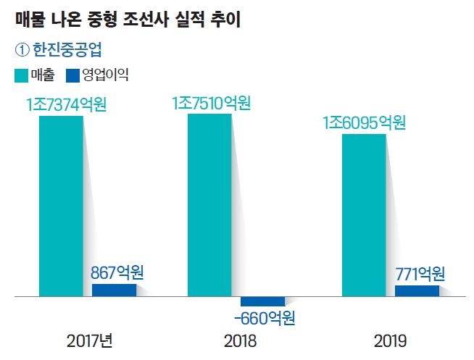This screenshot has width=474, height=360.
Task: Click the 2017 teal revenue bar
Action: (61, 206)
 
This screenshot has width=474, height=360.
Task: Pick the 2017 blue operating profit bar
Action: (114, 290)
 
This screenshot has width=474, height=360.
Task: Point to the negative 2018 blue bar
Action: (262, 301)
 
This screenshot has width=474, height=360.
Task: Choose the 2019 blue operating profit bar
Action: (417, 291)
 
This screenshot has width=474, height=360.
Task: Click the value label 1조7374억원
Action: (66, 104)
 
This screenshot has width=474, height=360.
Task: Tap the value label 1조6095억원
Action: (364, 122)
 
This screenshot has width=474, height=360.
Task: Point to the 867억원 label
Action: (117, 273)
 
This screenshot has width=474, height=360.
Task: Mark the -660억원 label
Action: (265, 317)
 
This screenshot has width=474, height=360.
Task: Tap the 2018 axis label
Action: (241, 340)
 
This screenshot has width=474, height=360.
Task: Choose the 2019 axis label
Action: (392, 340)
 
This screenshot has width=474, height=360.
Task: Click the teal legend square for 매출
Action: (21, 75)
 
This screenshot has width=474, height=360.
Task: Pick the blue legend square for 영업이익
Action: (72, 75)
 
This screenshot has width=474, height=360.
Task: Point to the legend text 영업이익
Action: (104, 75)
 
